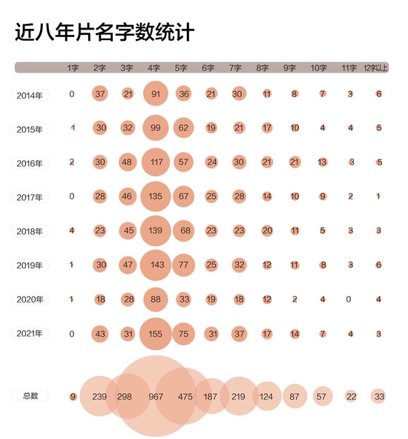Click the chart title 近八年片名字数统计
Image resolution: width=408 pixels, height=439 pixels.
tap(105, 33)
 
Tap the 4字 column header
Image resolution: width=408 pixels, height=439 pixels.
tap(155, 67)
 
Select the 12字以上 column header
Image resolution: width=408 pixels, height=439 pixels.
tap(376, 67)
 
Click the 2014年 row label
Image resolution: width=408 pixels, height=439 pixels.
tap(30, 94)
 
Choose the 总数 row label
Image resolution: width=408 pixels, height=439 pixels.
tap(30, 396)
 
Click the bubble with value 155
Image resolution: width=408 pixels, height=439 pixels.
tap(155, 334)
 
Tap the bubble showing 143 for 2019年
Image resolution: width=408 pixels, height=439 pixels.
tap(155, 265)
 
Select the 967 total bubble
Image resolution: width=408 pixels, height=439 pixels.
tap(155, 396)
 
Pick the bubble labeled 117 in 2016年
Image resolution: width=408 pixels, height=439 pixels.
tap(155, 162)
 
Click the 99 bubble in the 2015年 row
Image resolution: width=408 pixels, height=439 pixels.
tap(155, 128)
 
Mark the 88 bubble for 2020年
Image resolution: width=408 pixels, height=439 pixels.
tap(155, 299)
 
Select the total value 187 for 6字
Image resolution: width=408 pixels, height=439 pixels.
tap(211, 396)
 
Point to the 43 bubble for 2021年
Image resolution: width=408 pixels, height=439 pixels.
tap(99, 334)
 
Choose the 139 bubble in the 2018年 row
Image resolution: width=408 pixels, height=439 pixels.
tap(155, 231)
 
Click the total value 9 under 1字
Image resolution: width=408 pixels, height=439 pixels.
tap(72, 396)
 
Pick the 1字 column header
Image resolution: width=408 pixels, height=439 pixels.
tap(72, 67)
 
